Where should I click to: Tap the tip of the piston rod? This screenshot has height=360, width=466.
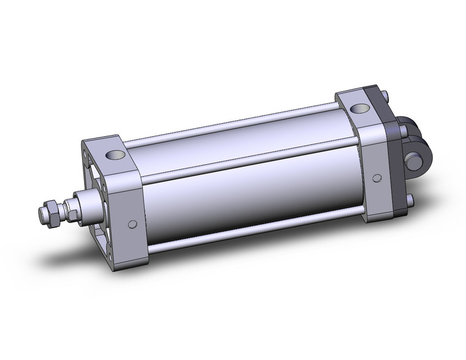coord(40,216)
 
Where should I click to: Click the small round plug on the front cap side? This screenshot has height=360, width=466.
coord(131,224)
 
